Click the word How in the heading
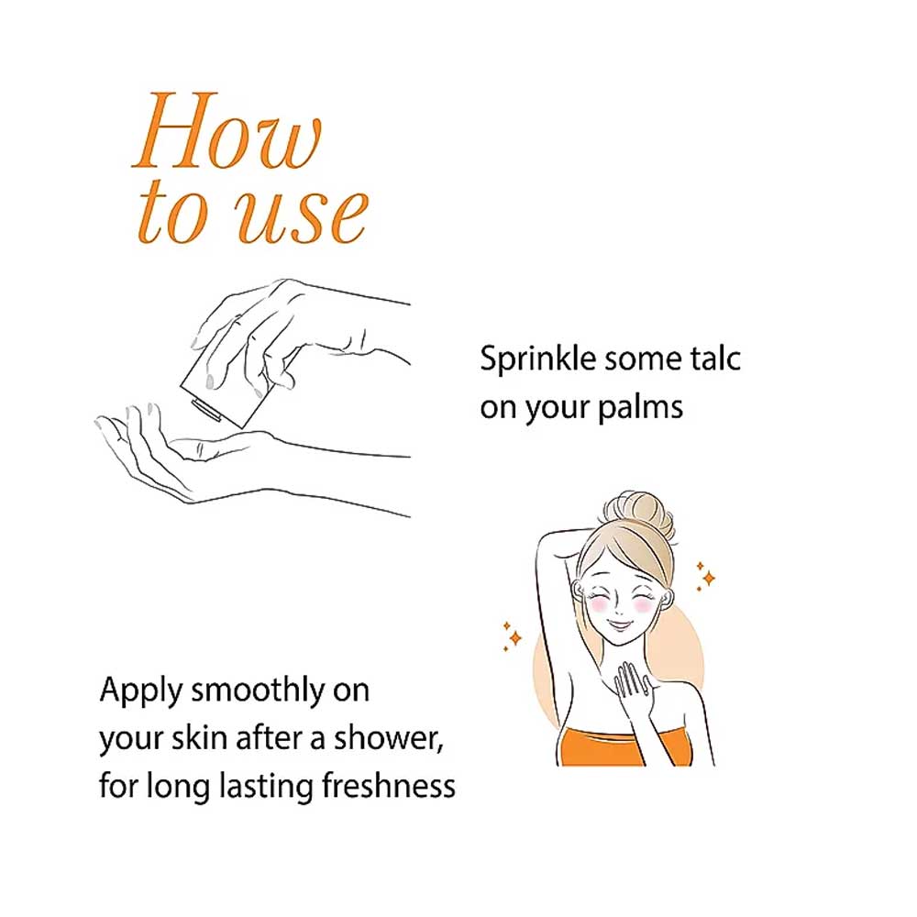pyautogui.click(x=226, y=130)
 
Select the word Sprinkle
pyautogui.click(x=537, y=359)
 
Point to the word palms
pyautogui.click(x=640, y=408)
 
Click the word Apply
pyautogui.click(x=141, y=691)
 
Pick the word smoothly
pyautogui.click(x=258, y=691)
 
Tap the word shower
pyautogui.click(x=388, y=738)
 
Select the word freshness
pyautogui.click(x=389, y=786)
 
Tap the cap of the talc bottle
pyautogui.click(x=205, y=409)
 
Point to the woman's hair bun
pyautogui.click(x=637, y=514)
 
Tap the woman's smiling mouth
pyautogui.click(x=620, y=625)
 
